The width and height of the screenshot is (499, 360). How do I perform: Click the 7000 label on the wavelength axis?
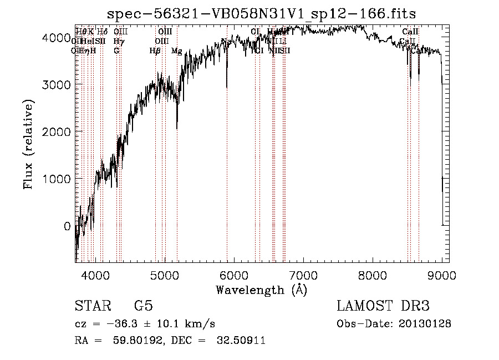pyautogui.click(x=303, y=274)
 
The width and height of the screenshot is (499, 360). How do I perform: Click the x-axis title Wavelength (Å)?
pyautogui.click(x=261, y=290)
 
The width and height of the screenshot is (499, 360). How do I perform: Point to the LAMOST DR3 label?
pyautogui.click(x=383, y=306)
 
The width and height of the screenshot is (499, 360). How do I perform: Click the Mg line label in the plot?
pyautogui.click(x=176, y=51)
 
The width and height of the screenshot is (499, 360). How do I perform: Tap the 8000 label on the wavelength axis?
pyautogui.click(x=373, y=274)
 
